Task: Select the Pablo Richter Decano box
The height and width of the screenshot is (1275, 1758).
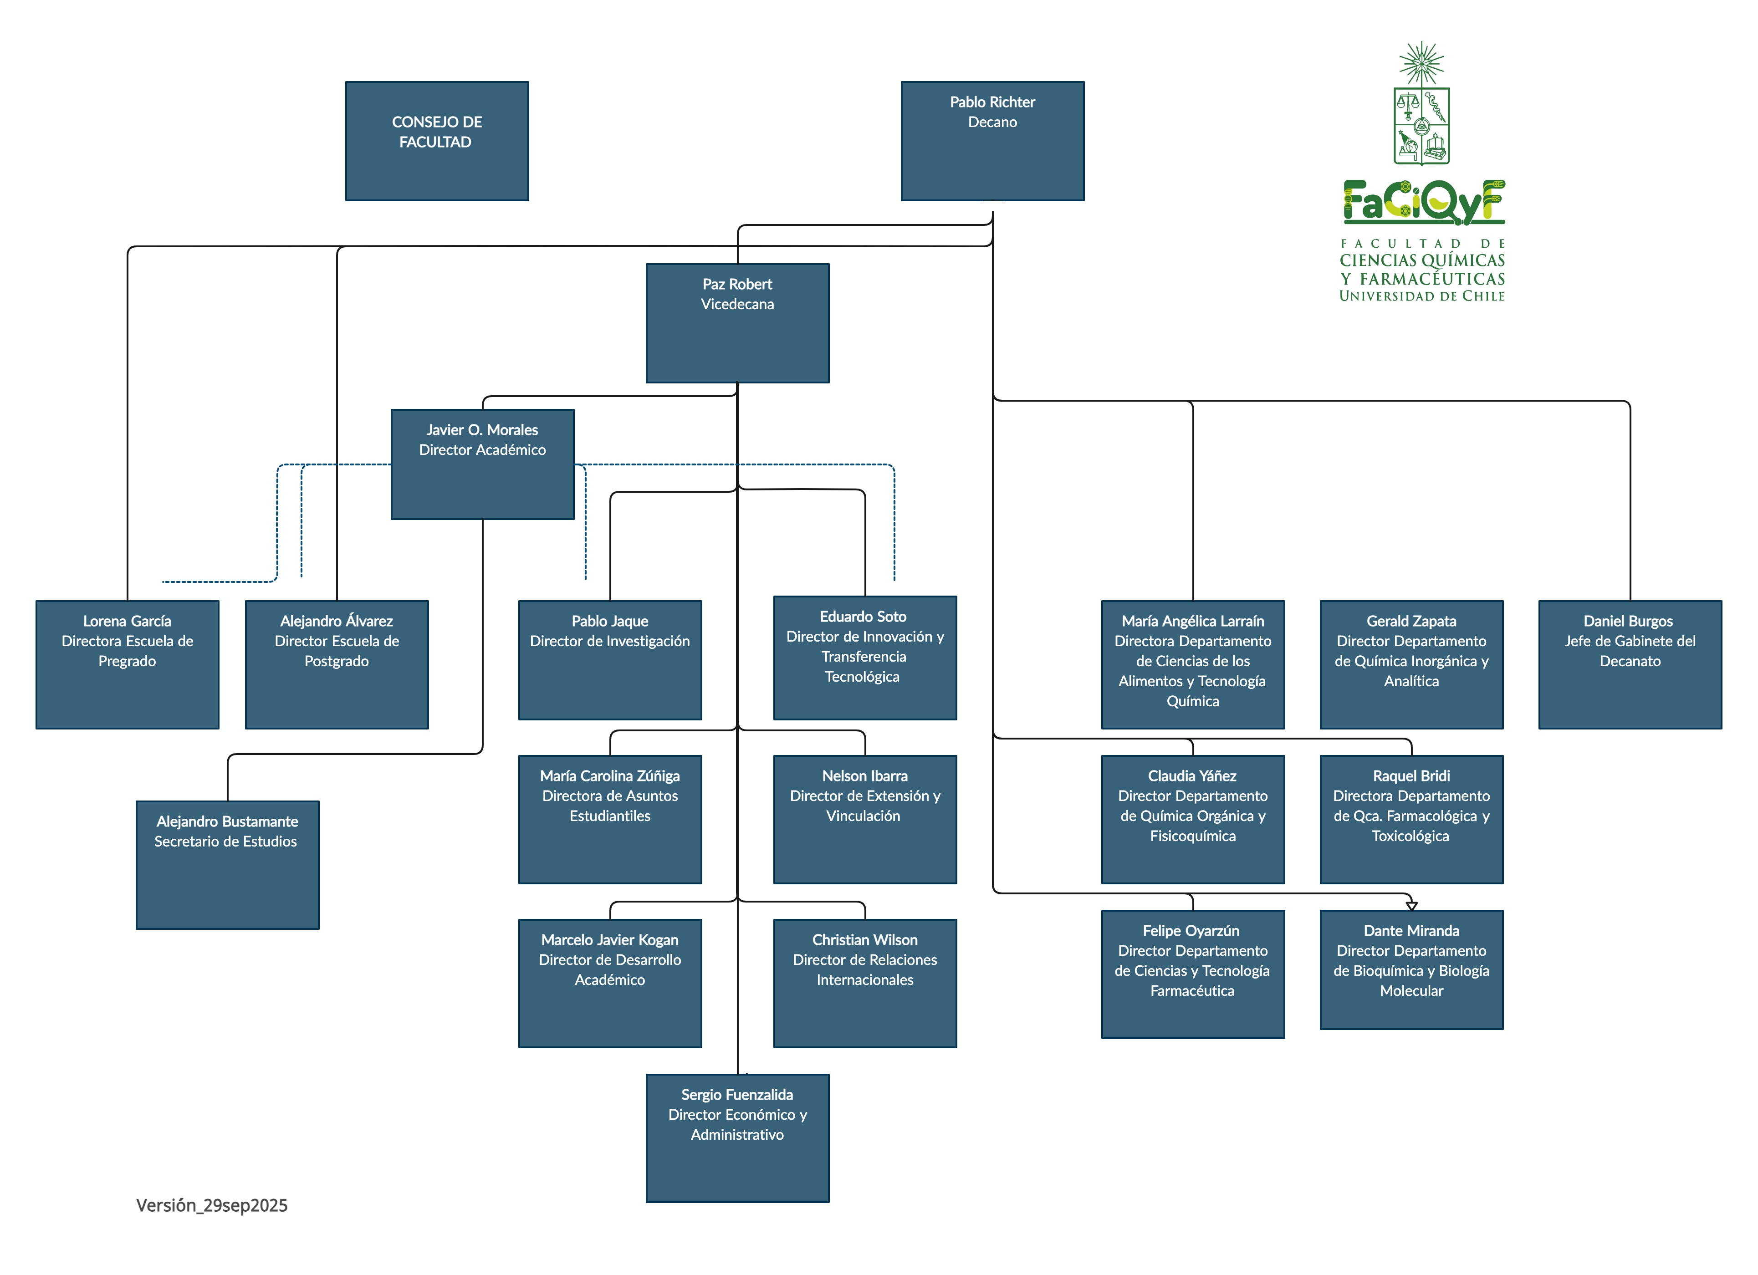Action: click(x=992, y=141)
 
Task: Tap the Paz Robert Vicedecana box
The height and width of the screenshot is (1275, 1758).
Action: click(x=737, y=323)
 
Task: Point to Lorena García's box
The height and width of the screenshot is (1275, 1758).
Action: click(x=127, y=664)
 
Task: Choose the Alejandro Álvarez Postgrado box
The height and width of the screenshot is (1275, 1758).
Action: click(x=337, y=664)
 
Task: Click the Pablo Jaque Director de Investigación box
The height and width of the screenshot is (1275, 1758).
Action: click(x=610, y=660)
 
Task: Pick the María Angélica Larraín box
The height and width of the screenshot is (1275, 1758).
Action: click(x=1192, y=664)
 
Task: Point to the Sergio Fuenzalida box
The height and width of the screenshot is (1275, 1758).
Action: click(x=737, y=1138)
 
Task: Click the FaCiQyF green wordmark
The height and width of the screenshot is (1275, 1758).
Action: click(x=1423, y=202)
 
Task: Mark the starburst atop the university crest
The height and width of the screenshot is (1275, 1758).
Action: click(x=1421, y=62)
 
